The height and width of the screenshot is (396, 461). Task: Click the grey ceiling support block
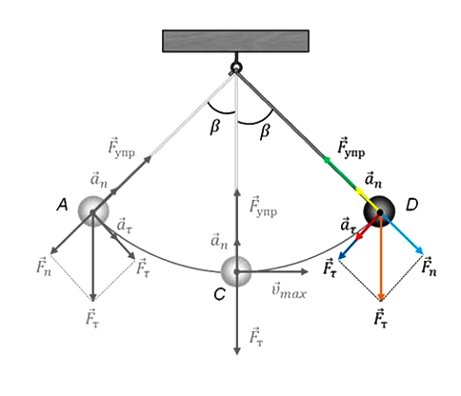[235, 41]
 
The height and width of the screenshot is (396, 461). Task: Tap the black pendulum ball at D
[379, 211]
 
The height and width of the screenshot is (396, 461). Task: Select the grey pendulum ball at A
[93, 211]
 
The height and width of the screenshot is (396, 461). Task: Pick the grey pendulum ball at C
[236, 271]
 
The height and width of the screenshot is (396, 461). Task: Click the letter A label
[63, 206]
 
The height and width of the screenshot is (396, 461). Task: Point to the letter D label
[411, 206]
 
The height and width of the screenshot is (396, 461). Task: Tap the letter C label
[219, 294]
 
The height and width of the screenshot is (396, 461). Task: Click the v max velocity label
[290, 292]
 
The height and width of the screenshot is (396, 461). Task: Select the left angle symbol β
[215, 128]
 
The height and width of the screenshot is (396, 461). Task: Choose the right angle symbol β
[265, 131]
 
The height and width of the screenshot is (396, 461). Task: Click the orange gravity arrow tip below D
[381, 299]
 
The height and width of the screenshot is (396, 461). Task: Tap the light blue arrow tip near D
[421, 252]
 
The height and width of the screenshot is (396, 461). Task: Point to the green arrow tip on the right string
[325, 159]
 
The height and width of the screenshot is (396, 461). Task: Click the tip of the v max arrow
[307, 271]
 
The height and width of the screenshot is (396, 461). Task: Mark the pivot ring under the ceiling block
[236, 68]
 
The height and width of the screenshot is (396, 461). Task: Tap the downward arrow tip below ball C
[236, 352]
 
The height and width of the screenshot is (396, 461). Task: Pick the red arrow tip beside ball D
[358, 237]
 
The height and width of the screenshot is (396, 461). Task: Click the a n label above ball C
[219, 241]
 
